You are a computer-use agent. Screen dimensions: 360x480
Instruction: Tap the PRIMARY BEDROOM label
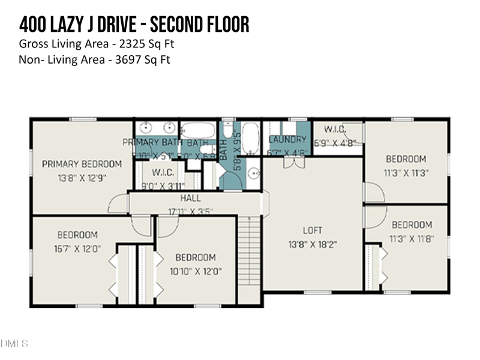pos(82,164)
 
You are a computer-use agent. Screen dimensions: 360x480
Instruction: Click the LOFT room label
pos(313,230)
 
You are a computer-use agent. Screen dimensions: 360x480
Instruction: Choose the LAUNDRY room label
pos(288,140)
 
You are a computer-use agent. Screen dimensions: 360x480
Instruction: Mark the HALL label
pos(191,198)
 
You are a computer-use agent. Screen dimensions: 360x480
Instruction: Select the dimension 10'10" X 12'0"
pos(196,271)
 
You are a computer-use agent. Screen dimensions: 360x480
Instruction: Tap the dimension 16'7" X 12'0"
pos(77,248)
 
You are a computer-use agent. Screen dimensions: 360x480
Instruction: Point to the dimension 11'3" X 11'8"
pos(412,238)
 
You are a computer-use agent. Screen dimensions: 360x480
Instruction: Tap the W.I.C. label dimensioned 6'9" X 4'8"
pos(335,129)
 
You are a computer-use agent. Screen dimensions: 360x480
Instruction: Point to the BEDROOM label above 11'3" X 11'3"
pos(406,159)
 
